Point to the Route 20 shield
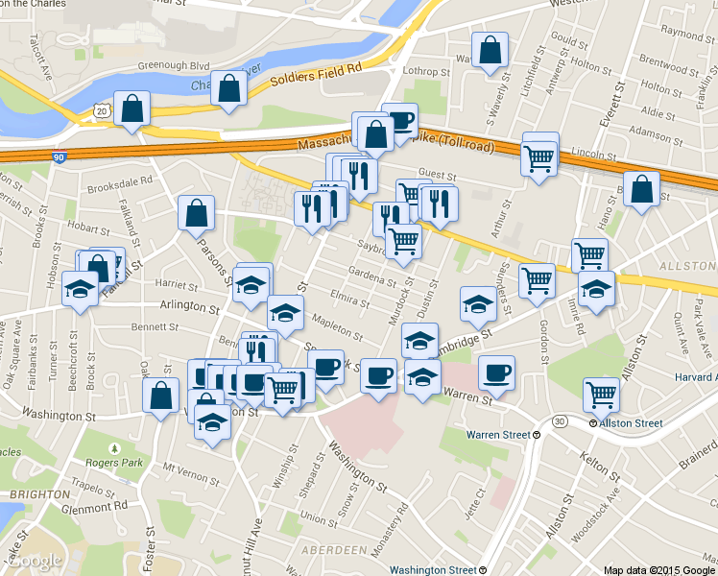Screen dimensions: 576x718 pos(102,111)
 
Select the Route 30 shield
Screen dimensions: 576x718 pos(561,420)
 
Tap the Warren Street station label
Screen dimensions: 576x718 pos(498,435)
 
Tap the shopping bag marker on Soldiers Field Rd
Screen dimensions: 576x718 pos(228,90)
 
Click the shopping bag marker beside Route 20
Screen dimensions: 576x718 pos(131,109)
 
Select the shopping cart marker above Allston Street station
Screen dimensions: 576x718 pos(601,394)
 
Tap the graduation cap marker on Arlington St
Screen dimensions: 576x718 pos(285,312)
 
